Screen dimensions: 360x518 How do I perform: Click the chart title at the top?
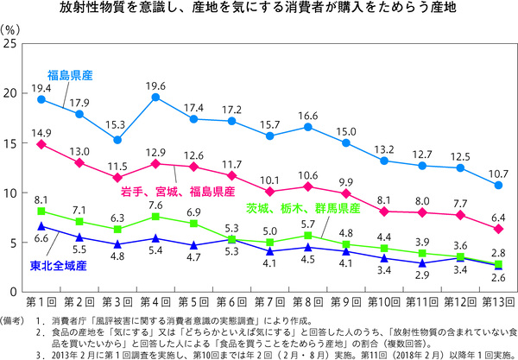[259, 10]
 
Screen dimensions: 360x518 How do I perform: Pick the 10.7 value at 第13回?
[498, 174]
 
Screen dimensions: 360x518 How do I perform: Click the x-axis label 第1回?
[41, 301]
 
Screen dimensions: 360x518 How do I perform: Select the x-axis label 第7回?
[270, 301]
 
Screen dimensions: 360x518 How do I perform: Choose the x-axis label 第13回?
[498, 301]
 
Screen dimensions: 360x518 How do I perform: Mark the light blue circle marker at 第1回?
[41, 99]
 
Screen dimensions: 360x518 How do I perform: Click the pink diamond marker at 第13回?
[498, 228]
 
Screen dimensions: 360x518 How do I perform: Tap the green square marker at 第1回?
[41, 212]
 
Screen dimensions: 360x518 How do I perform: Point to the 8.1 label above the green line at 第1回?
[41, 199]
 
